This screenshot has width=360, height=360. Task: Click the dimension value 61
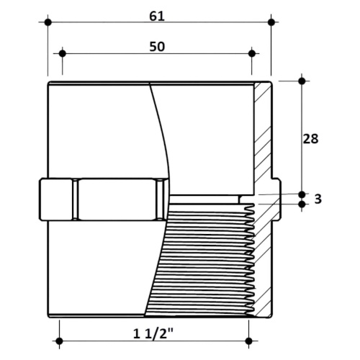157,17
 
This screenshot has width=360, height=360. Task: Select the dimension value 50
157,47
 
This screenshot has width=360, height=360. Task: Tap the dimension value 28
310,139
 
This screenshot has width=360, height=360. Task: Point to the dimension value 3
318,199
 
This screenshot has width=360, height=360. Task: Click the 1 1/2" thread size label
153,333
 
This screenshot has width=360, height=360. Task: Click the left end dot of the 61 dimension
48,22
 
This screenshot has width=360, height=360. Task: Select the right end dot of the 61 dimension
271,22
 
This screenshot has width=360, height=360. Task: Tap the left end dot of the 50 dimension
63,53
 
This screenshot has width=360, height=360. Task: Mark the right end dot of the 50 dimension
252,53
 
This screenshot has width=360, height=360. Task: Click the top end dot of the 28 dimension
302,81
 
